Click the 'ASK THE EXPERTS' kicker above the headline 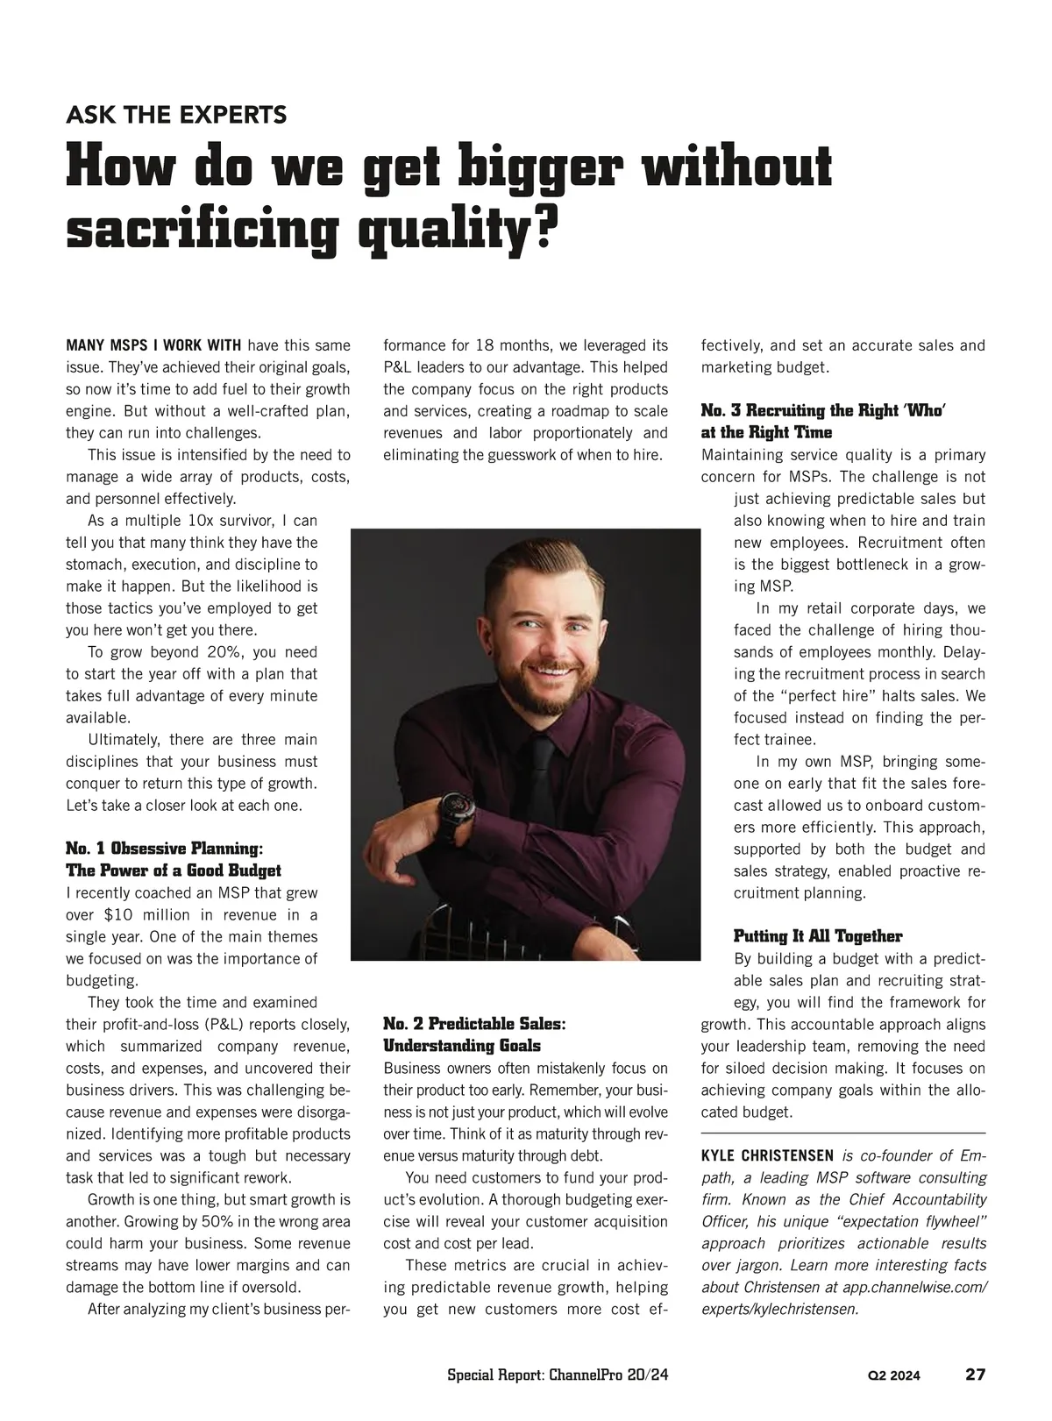click(176, 115)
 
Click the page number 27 click(975, 1374)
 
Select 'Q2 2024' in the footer click(894, 1375)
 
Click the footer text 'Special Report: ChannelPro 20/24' click(558, 1375)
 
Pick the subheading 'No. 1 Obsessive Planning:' click(164, 849)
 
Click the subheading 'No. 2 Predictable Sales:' click(475, 1024)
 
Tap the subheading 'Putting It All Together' click(817, 936)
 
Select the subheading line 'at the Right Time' click(766, 432)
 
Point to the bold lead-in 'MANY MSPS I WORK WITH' click(153, 345)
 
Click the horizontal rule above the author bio click(843, 1134)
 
